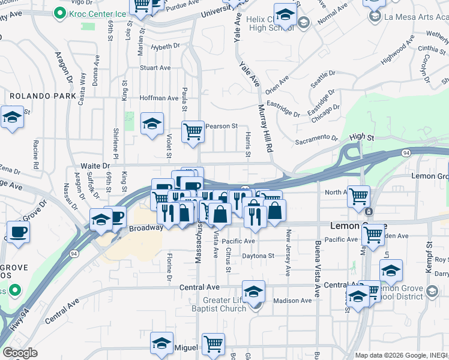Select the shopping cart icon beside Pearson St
click(x=193, y=131)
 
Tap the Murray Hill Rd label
click(x=265, y=129)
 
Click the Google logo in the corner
click(x=20, y=353)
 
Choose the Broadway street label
click(x=146, y=228)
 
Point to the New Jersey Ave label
click(x=289, y=253)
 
